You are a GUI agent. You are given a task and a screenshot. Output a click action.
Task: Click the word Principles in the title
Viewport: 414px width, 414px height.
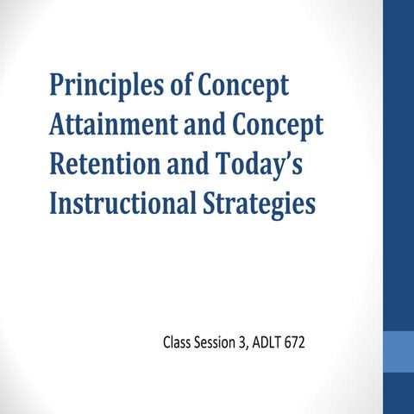(x=101, y=87)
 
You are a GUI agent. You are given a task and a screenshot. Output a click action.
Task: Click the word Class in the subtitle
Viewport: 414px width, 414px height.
(x=177, y=344)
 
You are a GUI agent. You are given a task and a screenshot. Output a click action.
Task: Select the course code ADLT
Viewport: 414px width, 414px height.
(x=273, y=344)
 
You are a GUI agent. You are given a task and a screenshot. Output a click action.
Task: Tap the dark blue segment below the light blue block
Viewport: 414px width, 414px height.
(x=398, y=393)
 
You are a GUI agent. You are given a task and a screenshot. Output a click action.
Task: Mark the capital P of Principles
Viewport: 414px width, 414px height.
(x=57, y=87)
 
